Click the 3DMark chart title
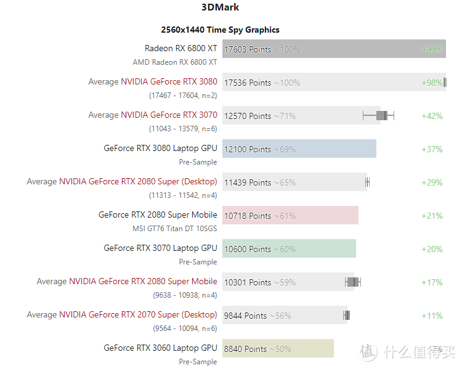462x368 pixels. tap(220, 8)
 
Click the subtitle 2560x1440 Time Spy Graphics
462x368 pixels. tap(220, 30)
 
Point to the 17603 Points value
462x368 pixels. tap(248, 49)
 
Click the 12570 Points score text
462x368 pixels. tap(248, 116)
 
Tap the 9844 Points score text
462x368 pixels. tap(245, 316)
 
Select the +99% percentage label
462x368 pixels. tap(432, 49)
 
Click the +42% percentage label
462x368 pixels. tap(432, 116)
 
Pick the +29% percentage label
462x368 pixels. tap(432, 182)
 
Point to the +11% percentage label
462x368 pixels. tap(432, 316)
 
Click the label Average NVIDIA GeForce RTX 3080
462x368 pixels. tap(153, 82)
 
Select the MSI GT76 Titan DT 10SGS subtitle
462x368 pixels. tap(175, 229)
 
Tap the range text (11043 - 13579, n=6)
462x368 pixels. tap(183, 129)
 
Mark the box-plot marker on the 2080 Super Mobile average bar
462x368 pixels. tap(353, 282)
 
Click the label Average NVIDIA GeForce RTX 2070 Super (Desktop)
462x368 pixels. tap(122, 315)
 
